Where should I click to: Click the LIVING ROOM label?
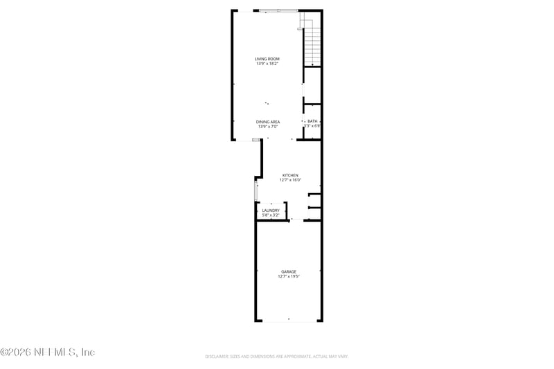coord(267,60)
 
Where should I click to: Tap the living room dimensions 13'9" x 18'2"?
coord(267,64)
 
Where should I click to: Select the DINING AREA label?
coord(267,122)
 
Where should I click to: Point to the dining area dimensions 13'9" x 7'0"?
coord(267,127)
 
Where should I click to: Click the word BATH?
coord(313,121)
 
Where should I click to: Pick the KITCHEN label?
coord(289,175)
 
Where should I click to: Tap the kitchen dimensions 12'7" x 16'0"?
coord(289,180)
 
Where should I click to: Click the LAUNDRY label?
coord(271,210)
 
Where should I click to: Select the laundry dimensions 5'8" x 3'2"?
coord(271,215)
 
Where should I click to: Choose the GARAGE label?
coord(288,271)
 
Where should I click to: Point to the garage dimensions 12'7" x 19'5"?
coord(288,276)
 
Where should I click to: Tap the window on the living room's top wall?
coord(278,10)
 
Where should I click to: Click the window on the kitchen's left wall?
coord(256,190)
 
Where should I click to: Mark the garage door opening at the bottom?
coord(288,321)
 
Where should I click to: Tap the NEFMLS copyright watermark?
coord(47,352)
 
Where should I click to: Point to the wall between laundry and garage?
coord(271,220)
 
